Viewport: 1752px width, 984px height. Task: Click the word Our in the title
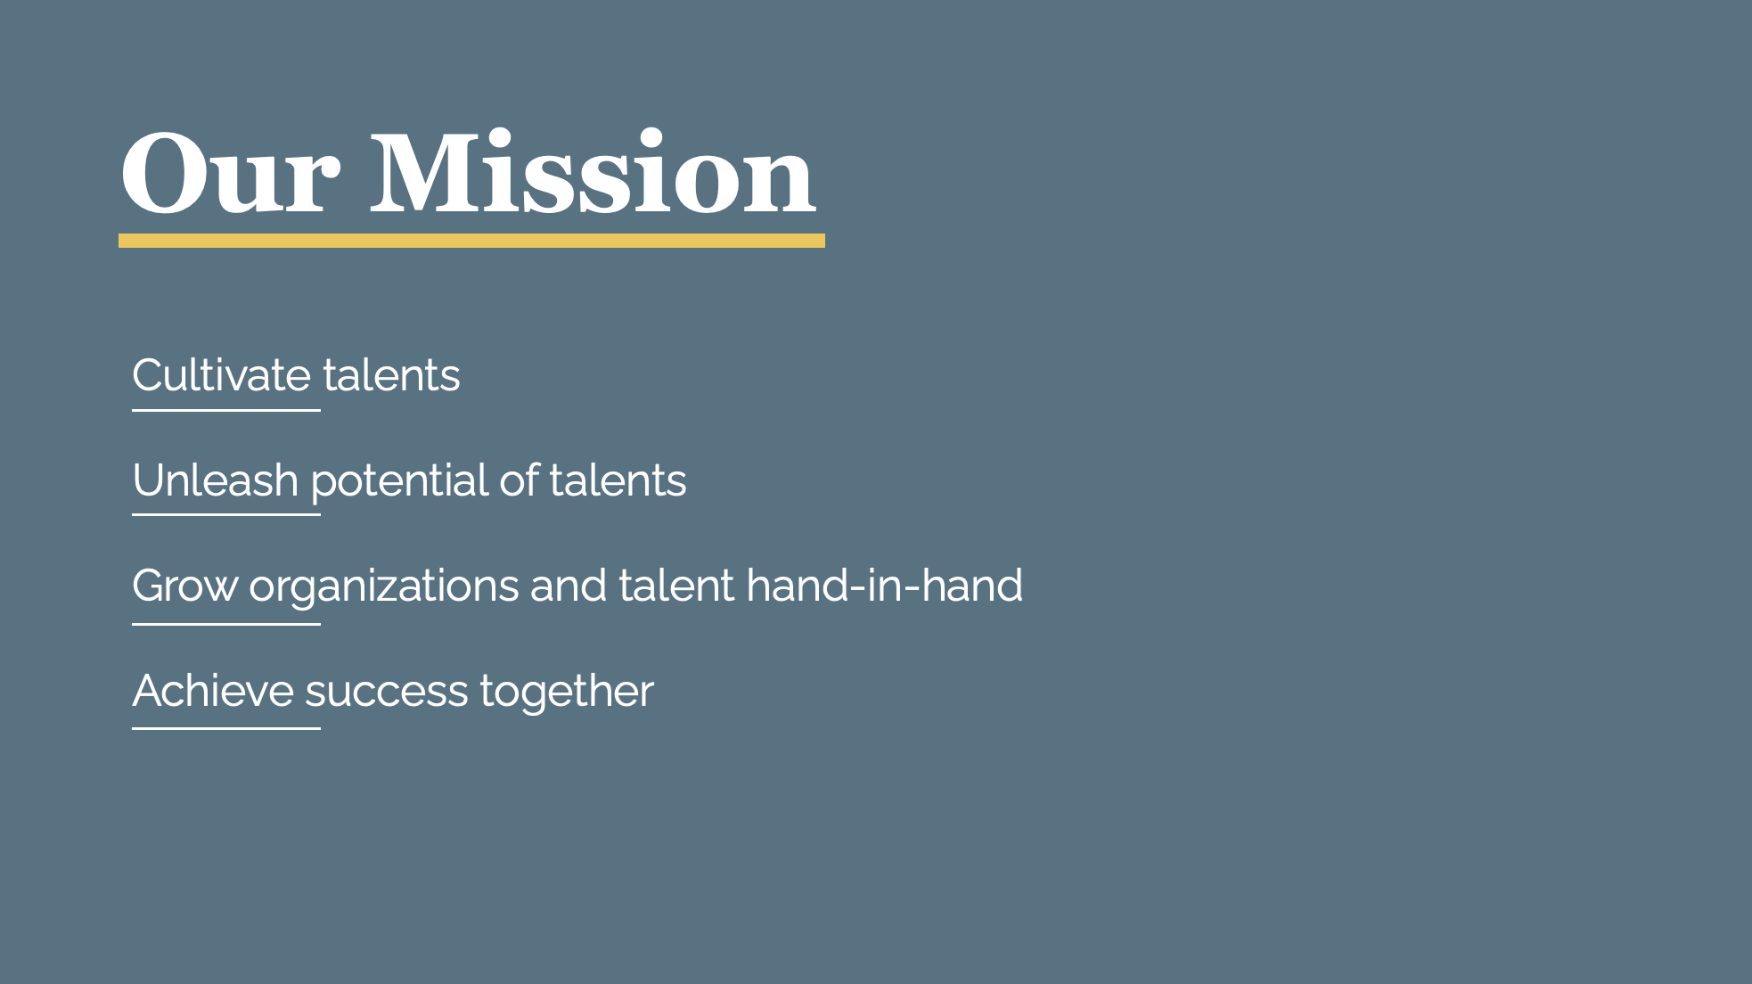230,172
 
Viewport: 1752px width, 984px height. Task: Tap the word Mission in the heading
593,171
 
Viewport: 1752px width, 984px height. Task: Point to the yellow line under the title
471,241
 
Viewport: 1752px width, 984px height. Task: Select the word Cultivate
221,375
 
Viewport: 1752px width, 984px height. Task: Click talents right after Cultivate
391,375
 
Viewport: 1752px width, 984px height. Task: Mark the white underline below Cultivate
226,410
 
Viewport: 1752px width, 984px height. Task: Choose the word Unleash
215,480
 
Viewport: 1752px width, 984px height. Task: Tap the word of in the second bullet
519,480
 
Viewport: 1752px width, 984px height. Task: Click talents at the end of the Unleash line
618,480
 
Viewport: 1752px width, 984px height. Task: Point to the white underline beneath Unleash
226,514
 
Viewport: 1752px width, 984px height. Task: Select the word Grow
185,586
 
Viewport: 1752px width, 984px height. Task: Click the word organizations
384,587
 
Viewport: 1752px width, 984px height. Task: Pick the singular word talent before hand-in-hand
676,586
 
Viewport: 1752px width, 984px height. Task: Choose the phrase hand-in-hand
884,586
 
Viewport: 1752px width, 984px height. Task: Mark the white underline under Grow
226,624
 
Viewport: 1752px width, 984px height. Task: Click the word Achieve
213,691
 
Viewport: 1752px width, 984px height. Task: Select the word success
387,692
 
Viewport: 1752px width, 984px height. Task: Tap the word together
567,692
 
